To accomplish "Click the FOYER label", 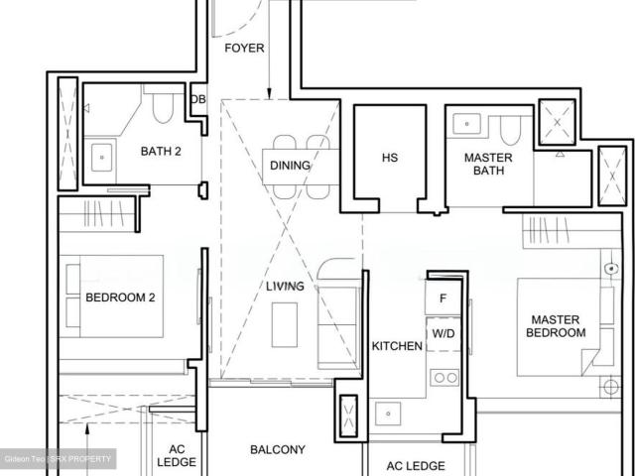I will (x=244, y=48).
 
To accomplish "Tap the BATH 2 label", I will (x=161, y=152).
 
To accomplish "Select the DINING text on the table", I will (x=290, y=166).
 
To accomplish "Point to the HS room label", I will (x=390, y=158).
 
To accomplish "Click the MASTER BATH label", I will (x=488, y=165).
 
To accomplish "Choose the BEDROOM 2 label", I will (x=120, y=297).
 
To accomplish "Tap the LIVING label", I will (x=285, y=287).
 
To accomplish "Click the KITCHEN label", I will (x=397, y=346).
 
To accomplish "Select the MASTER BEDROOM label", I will (x=558, y=326).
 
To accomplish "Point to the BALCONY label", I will (x=278, y=449).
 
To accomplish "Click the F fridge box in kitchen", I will (x=443, y=297).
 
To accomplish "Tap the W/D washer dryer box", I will (x=443, y=333).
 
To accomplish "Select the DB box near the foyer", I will (x=197, y=99).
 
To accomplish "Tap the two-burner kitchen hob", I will (x=444, y=378).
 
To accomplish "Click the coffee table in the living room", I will (x=284, y=320).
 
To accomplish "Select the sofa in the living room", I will (x=331, y=312).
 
